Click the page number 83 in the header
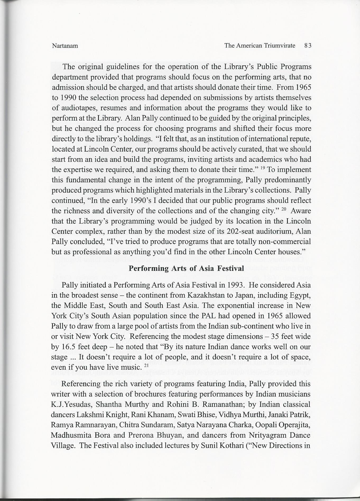tap(308, 45)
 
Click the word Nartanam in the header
tap(65, 46)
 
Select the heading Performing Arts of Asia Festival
tap(186, 268)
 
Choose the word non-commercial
tap(284, 242)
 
